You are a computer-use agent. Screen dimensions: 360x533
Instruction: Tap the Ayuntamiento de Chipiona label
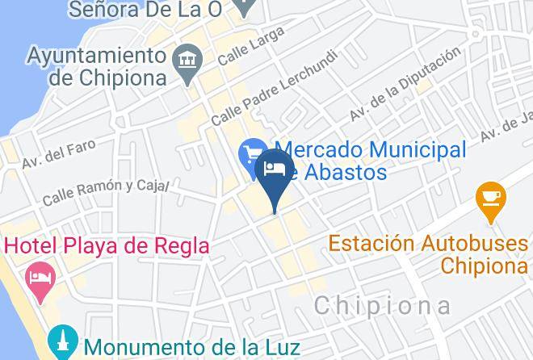[x=96, y=67]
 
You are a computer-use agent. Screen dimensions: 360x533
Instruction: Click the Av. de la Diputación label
[x=405, y=85]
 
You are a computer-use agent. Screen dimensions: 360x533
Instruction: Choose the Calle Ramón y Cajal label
[x=105, y=190]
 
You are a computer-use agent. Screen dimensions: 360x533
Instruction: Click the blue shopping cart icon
[x=251, y=151]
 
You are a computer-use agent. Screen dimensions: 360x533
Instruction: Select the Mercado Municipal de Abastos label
[x=371, y=160]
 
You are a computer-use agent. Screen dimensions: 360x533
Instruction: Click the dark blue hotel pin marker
[x=275, y=174]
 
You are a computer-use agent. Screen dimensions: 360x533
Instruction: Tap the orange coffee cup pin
[x=490, y=197]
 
